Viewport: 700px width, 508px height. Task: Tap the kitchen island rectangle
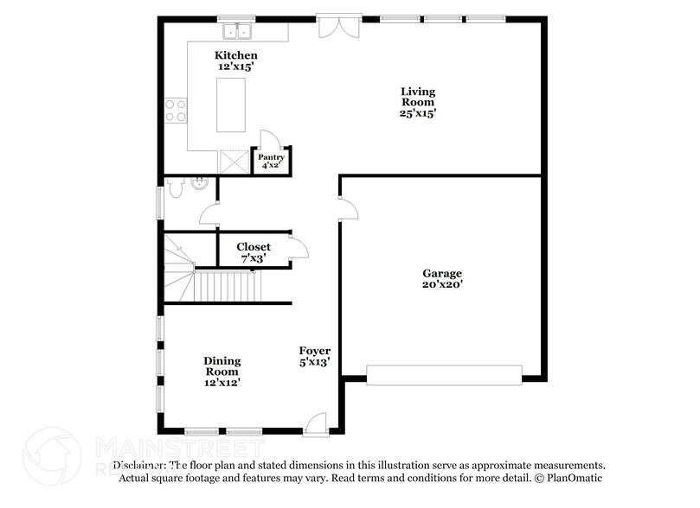pos(230,105)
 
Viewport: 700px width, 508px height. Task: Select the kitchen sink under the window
pos(235,33)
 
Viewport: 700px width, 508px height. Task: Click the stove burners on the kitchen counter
pos(176,110)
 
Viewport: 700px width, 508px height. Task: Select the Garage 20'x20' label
pos(441,277)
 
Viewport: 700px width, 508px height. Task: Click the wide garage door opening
pos(444,373)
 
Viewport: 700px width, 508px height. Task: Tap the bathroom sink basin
pos(199,182)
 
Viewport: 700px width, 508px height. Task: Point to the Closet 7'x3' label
pos(254,251)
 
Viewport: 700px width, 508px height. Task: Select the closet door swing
pos(299,249)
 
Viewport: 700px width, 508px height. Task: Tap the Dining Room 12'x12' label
pos(222,371)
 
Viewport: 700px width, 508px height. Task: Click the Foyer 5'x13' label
pos(314,357)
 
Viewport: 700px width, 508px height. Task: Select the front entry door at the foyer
pos(316,422)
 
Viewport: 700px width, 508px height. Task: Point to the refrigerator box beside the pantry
pos(233,162)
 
